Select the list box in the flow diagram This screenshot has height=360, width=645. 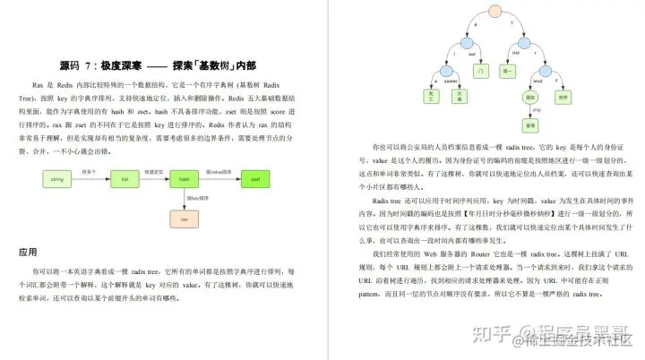[x=124, y=179]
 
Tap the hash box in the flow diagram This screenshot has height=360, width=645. [x=183, y=179]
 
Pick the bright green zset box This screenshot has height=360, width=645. [x=254, y=179]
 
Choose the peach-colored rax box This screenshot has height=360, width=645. [x=183, y=218]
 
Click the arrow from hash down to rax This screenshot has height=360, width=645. [x=183, y=199]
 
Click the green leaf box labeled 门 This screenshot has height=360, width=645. [x=481, y=68]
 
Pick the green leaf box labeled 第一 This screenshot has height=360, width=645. [x=509, y=68]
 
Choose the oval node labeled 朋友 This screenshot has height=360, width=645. [x=530, y=96]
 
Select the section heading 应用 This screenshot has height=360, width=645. [x=28, y=253]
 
